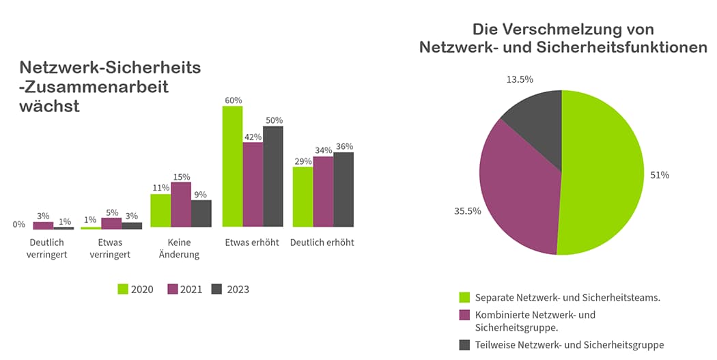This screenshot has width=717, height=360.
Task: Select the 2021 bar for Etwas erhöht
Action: (x=253, y=184)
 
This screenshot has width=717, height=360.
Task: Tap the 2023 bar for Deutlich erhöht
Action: (x=343, y=189)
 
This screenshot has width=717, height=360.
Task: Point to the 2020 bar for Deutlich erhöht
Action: (x=303, y=197)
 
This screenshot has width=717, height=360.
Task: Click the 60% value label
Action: (x=233, y=100)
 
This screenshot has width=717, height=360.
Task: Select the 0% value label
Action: (x=18, y=223)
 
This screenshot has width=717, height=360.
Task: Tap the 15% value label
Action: (x=181, y=177)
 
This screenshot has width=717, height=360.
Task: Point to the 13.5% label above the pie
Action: (x=520, y=79)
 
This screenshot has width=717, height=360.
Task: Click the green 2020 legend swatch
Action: (x=123, y=289)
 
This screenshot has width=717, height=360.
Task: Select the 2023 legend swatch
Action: (x=217, y=289)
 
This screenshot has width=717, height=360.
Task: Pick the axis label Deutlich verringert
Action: (x=48, y=249)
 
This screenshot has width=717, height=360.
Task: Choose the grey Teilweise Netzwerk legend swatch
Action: (x=465, y=345)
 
